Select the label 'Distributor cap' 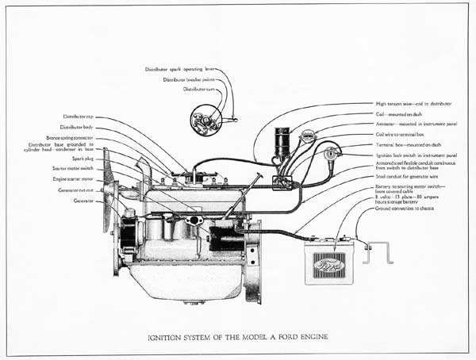tap(79, 117)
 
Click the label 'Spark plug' tap(83, 158)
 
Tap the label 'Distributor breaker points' tap(189, 79)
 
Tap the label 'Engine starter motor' tap(75, 179)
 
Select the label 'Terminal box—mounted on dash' tap(409, 144)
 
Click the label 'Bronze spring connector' tap(70, 138)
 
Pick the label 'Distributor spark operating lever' tap(181, 69)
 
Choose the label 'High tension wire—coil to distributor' tap(418, 103)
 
